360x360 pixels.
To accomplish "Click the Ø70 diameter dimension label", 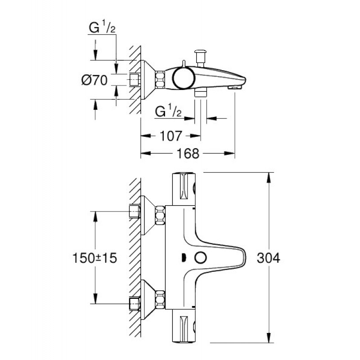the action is [94, 80].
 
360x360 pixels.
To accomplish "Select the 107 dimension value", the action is [171, 136].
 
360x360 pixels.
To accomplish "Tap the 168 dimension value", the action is [188, 153].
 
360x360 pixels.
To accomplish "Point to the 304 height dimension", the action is [268, 257].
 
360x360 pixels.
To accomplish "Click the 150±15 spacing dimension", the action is [94, 258].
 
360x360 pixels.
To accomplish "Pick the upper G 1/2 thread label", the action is [102, 27].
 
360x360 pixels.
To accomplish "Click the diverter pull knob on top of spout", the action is [200, 58].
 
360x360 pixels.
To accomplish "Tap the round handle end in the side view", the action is [184, 78].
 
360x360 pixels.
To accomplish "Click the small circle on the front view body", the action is [201, 257].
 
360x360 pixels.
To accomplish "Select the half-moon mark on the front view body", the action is [184, 258].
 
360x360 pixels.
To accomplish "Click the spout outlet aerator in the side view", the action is [234, 87].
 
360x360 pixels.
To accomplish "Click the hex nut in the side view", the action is [160, 80].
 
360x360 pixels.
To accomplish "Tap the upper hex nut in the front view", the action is [160, 215].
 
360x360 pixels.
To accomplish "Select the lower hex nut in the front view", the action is [160, 300].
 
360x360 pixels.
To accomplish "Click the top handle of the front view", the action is [184, 189].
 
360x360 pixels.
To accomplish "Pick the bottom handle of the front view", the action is [184, 326].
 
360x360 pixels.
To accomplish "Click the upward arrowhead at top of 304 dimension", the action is [268, 177].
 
